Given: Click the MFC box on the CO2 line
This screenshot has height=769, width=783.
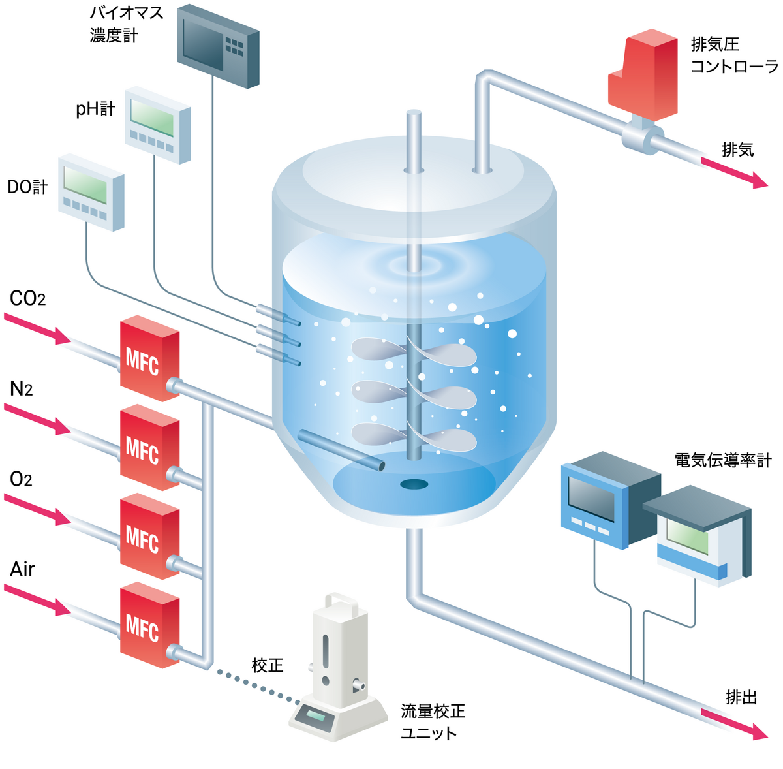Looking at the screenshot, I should coord(149,358).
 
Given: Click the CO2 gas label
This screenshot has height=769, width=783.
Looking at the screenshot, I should coord(27,299).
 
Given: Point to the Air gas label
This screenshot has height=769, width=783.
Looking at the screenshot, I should coord(22,569).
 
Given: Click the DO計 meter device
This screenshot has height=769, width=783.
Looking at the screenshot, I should coord(91,192).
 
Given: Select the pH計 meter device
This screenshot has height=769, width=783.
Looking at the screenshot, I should coord(158,124).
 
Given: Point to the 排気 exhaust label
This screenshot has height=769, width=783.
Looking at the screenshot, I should coord(737,149).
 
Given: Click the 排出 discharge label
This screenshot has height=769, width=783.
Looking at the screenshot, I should coord(741,697).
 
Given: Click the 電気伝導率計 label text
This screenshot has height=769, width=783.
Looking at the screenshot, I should coord(723,460).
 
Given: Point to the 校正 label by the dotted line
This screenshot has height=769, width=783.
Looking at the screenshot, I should coord(268,665).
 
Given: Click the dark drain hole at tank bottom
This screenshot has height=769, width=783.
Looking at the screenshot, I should coord(414,484).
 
